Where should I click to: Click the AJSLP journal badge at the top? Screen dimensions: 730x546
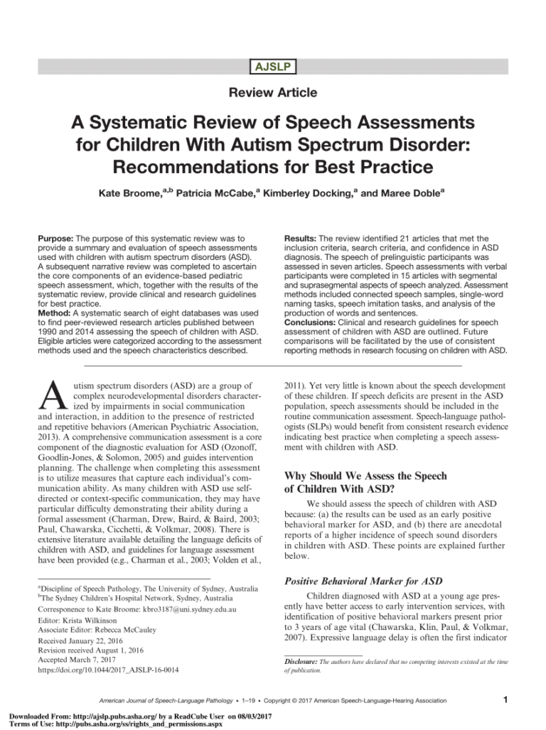tap(272, 67)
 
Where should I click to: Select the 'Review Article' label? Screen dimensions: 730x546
tap(272, 92)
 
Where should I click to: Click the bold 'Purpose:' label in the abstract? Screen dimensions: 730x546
tap(56, 239)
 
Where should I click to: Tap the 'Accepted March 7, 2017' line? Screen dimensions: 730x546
tap(81, 659)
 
